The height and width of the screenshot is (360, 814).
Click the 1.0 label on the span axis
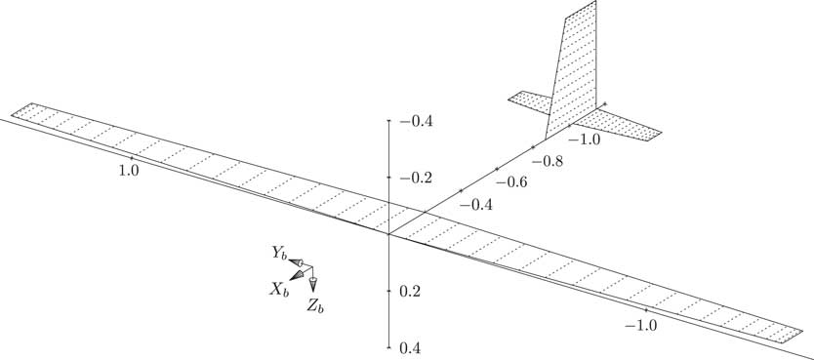pos(127,169)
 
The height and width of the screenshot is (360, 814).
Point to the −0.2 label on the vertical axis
pos(415,178)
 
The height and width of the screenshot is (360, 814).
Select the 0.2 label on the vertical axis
pos(410,292)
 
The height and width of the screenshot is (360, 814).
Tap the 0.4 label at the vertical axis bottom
pos(410,348)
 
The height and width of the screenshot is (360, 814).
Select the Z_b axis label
pos(314,306)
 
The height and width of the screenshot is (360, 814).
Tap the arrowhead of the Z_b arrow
pos(313,285)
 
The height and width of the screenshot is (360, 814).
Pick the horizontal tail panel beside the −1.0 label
pos(620,124)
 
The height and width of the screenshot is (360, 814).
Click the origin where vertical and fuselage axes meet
pos(389,234)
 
